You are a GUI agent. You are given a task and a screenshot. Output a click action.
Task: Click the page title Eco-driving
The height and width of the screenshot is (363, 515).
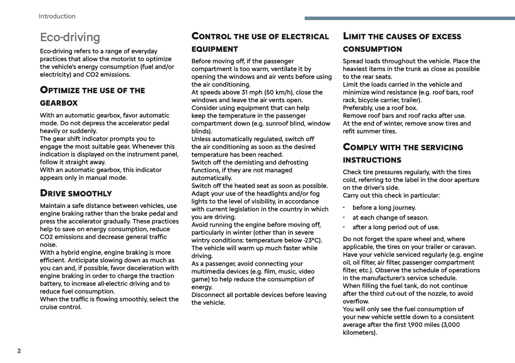coord(70,37)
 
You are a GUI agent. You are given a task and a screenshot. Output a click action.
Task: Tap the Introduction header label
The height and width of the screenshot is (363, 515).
coord(57,16)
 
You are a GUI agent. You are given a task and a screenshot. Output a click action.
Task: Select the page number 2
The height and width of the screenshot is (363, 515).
coord(19,351)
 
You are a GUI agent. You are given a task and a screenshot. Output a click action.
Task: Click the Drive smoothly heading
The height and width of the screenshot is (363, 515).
coord(76,193)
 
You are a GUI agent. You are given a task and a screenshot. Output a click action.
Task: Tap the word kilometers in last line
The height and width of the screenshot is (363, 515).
coord(359,333)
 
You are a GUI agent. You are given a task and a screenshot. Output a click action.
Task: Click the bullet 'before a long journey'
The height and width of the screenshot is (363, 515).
coord(384,208)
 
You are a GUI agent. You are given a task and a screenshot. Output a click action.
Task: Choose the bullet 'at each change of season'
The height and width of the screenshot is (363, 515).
coord(390,218)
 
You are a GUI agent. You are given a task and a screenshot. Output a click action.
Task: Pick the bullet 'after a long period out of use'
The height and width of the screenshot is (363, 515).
coord(396,227)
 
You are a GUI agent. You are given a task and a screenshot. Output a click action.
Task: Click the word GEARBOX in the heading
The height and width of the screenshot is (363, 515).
coord(59,103)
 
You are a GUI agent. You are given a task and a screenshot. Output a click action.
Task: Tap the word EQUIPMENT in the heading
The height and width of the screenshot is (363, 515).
coord(215,49)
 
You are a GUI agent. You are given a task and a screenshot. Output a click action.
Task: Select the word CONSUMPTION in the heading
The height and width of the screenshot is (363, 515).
coord(372,49)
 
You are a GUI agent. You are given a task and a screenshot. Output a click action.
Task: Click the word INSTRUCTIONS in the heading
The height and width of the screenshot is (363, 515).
coord(372,160)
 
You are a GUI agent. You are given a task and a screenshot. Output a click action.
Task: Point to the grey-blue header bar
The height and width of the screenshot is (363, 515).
coord(410,18)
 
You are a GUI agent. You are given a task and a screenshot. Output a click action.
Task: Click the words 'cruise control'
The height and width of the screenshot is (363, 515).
coord(61,307)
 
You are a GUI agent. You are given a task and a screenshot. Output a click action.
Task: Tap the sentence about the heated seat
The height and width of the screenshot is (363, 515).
coord(259,186)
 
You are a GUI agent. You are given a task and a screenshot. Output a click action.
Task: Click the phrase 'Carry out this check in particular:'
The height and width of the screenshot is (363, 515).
coord(391,195)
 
